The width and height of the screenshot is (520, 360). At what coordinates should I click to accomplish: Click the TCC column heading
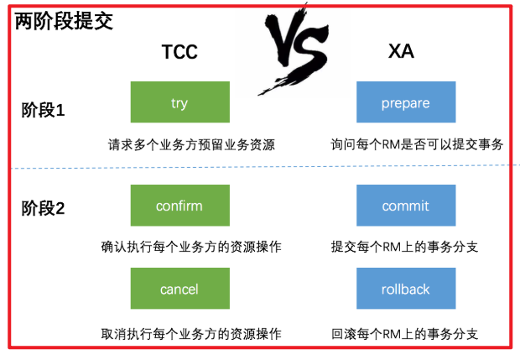(x=179, y=52)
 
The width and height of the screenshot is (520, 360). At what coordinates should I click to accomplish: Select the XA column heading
(x=402, y=52)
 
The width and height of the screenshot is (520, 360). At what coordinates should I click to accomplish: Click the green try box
(x=179, y=103)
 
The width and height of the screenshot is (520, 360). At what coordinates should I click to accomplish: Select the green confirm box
(x=179, y=206)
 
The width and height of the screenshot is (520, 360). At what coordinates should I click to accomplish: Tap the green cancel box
(x=179, y=289)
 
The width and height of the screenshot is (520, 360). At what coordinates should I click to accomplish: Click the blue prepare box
(x=405, y=103)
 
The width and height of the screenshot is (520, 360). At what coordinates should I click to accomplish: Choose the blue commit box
(x=405, y=206)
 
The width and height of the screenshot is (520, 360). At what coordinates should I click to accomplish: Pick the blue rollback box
(x=405, y=289)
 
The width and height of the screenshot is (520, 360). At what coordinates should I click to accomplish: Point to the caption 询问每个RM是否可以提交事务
(x=417, y=144)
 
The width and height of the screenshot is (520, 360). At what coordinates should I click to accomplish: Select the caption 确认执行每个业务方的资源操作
(x=191, y=248)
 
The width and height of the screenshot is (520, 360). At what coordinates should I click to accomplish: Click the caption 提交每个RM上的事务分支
(x=405, y=248)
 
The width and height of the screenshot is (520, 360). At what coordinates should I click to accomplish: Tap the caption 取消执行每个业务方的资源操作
(x=191, y=333)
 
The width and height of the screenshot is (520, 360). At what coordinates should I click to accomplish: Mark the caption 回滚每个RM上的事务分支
(x=405, y=333)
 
